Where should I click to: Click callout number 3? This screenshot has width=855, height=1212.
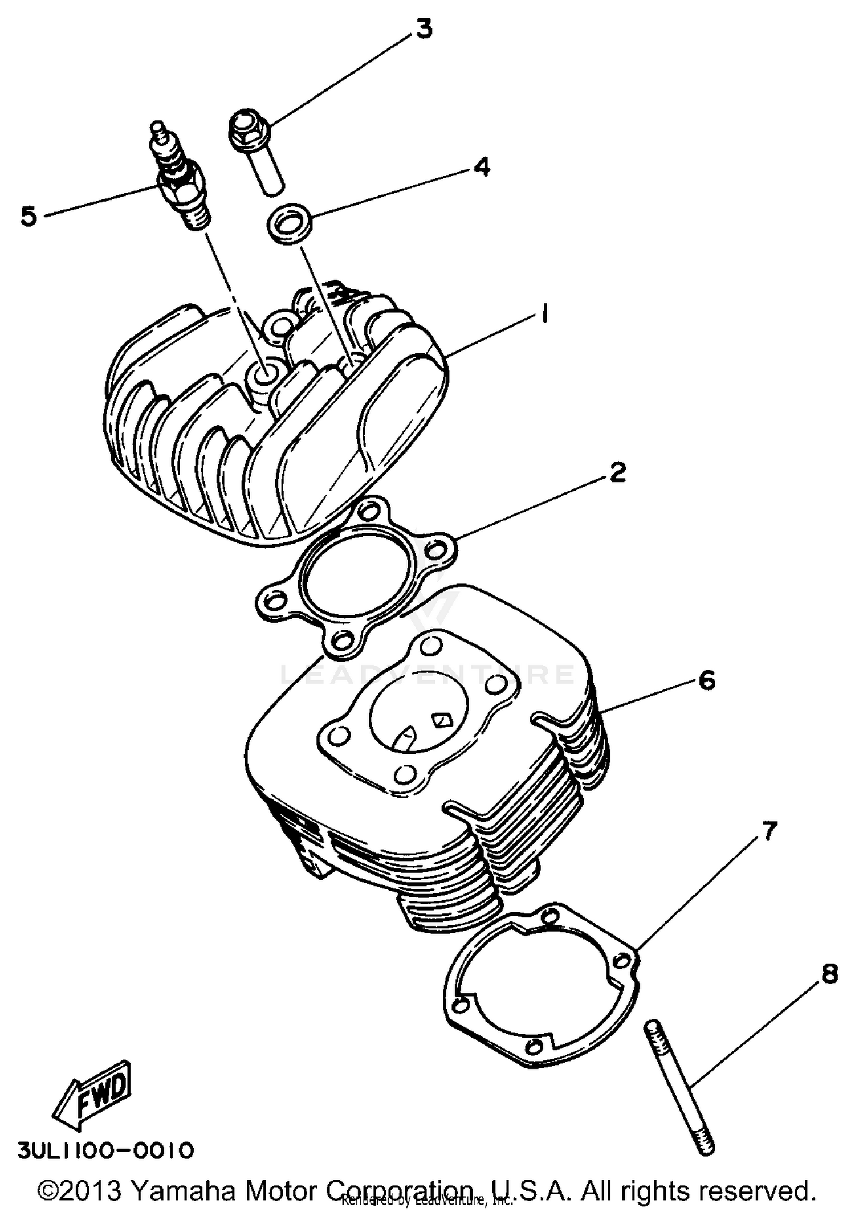click(424, 28)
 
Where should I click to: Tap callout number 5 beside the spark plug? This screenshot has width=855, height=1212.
click(28, 216)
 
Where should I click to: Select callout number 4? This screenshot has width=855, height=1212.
click(481, 166)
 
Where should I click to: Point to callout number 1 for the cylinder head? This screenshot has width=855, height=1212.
click(544, 313)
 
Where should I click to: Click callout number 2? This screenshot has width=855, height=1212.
click(617, 472)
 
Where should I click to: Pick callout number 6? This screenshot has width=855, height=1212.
click(706, 680)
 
